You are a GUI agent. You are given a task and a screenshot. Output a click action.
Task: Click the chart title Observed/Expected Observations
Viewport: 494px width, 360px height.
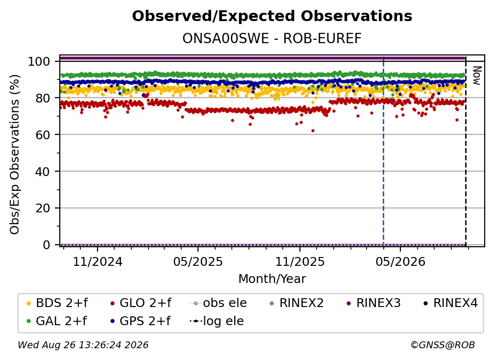[x=272, y=16]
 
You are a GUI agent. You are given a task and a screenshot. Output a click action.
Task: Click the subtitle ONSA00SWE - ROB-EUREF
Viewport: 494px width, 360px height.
[x=272, y=39]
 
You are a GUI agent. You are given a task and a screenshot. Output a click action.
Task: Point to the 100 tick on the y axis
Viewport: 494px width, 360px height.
[x=39, y=61]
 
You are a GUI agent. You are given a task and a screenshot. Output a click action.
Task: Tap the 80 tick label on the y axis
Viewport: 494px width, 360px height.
[x=43, y=98]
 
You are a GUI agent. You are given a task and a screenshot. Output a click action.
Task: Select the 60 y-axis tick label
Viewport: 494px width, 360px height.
[x=43, y=134]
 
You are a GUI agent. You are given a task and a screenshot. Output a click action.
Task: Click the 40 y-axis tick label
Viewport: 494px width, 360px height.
[x=43, y=172]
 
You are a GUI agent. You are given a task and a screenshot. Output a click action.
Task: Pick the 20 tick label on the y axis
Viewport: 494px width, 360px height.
[x=43, y=208]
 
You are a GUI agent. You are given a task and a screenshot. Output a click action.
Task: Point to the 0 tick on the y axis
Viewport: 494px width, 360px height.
[x=47, y=245]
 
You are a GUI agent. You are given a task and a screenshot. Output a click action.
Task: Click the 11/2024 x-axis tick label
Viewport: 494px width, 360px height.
[x=98, y=261]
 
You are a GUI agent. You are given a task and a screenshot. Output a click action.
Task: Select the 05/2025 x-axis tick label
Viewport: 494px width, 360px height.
[x=198, y=261]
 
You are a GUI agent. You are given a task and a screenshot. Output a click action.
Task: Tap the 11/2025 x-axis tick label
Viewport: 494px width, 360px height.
[x=300, y=261]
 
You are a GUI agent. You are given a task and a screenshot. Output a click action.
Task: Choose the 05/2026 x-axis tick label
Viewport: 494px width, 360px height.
[x=400, y=261]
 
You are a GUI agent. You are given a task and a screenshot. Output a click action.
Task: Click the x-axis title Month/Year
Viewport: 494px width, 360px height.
[x=272, y=279]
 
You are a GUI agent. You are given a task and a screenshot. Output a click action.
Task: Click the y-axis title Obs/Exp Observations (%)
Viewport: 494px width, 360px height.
[x=15, y=154]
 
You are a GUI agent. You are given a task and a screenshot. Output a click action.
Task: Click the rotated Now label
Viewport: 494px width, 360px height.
[x=477, y=76]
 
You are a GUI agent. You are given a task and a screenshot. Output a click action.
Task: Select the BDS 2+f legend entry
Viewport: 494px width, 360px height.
[x=57, y=303]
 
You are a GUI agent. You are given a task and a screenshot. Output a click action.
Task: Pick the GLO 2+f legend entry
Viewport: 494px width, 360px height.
[x=141, y=303]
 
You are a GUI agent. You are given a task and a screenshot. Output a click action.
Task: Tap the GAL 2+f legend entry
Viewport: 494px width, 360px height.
[x=56, y=321]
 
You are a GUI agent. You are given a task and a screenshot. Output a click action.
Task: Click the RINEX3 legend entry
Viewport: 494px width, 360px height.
[x=373, y=303]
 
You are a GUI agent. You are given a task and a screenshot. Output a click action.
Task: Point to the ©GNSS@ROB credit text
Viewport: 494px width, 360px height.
[x=443, y=345]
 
